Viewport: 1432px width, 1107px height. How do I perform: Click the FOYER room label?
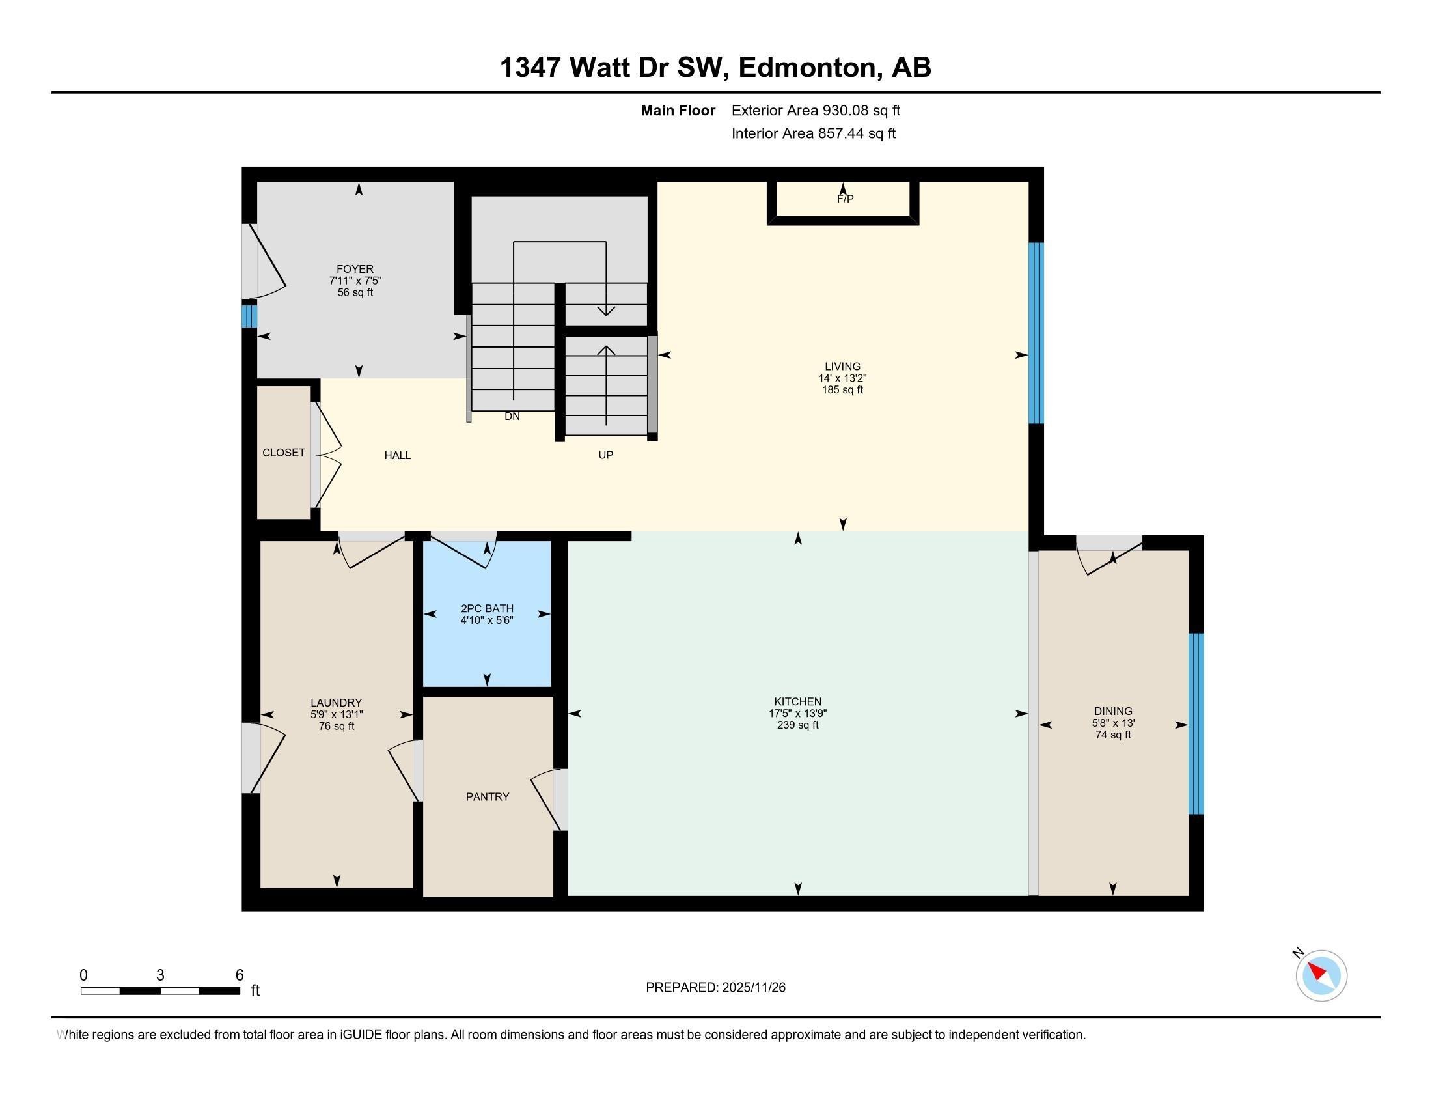(x=355, y=269)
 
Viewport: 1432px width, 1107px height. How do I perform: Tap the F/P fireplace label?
(x=845, y=199)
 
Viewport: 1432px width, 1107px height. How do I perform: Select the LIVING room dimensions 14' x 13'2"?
(x=842, y=378)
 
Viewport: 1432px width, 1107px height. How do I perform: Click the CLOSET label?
(x=283, y=453)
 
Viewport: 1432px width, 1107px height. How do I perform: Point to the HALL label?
(x=397, y=455)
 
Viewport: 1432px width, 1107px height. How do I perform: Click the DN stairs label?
(x=512, y=417)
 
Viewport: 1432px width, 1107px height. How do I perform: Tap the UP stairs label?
(x=605, y=455)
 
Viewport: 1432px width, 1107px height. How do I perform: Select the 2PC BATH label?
(x=486, y=609)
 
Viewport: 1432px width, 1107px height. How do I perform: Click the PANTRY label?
(x=487, y=797)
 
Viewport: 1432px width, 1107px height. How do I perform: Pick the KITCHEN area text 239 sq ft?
(x=797, y=725)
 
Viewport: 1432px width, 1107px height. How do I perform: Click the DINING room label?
(x=1112, y=711)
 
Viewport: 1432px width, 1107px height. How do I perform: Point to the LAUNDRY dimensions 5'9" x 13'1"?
(x=337, y=714)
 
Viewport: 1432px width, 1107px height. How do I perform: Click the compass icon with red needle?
(x=1321, y=975)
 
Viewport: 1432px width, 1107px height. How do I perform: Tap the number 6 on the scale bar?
(x=240, y=975)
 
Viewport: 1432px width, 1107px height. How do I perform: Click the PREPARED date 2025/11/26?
(x=752, y=988)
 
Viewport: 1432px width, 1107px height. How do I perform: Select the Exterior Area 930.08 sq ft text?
(x=816, y=111)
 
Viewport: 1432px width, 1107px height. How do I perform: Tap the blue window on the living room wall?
(x=1036, y=333)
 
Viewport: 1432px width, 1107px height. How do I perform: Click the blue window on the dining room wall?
(x=1196, y=723)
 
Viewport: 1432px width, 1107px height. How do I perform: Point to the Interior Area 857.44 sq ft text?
(x=813, y=133)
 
